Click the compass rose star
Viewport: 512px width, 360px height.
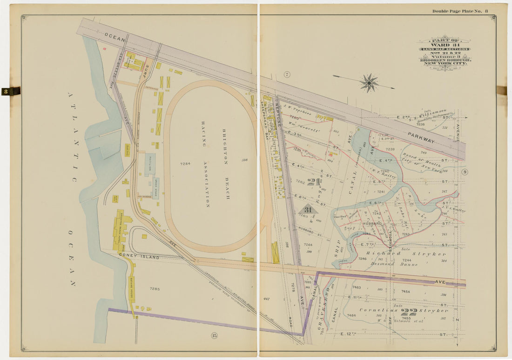369,83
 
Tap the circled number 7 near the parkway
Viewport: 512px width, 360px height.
287,74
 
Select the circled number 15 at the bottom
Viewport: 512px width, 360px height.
214,336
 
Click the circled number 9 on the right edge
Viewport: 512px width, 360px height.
465,173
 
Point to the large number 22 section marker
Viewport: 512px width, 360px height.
408,312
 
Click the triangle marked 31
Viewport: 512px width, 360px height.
308,210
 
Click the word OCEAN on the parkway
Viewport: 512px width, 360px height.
115,37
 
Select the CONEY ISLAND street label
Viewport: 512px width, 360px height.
139,257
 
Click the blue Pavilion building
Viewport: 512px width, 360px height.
149,164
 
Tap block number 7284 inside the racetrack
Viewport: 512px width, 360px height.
185,164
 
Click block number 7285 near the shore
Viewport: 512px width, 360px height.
155,289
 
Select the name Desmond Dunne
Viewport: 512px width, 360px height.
389,264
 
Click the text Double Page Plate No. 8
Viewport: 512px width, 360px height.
460,11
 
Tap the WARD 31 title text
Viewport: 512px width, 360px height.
445,45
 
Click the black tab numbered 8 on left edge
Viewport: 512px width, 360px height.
10,91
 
